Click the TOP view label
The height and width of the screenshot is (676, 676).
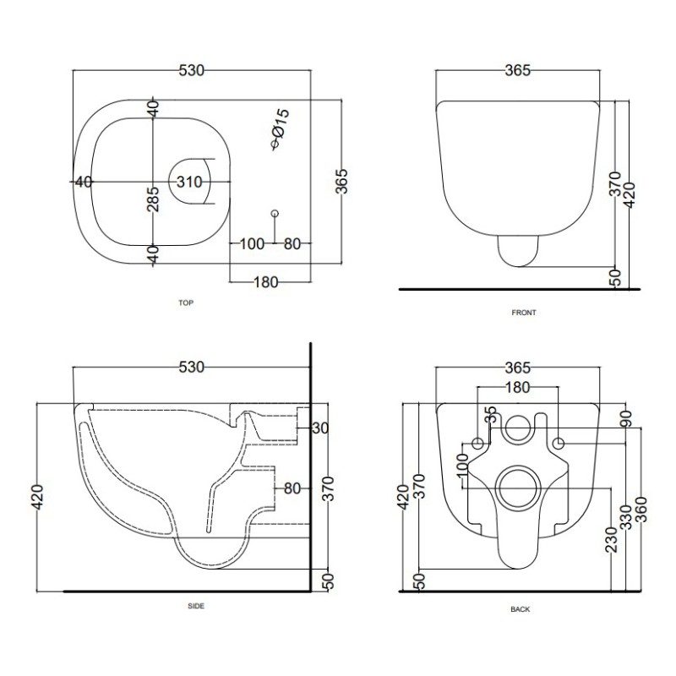click(186, 303)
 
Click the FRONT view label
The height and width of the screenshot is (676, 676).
click(524, 313)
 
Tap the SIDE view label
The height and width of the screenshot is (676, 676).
click(196, 606)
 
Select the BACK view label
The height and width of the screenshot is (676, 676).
click(521, 609)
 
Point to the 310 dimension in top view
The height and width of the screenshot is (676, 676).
click(189, 182)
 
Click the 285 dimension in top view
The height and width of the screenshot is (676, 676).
click(153, 199)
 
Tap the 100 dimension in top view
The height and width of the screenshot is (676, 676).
click(252, 244)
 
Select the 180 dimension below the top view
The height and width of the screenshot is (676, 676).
click(266, 282)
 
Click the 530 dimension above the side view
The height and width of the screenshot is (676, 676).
click(192, 368)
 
